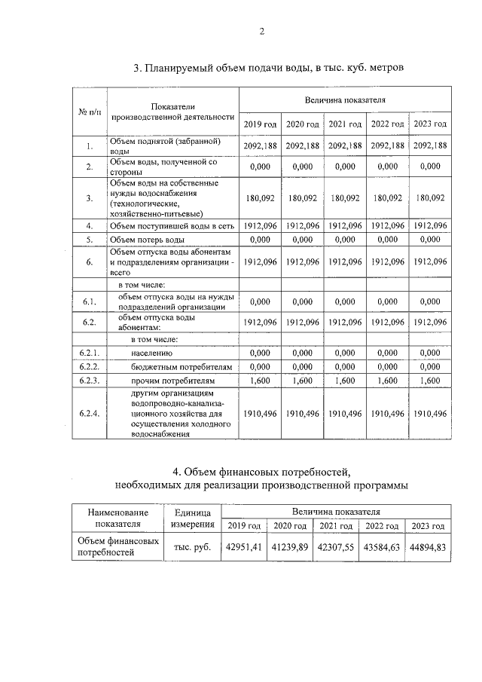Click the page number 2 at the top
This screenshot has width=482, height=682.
pos(261,32)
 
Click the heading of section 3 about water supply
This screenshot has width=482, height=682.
pos(269,67)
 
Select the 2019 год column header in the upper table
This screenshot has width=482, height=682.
pos(260,124)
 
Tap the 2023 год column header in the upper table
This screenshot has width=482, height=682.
pos(431,124)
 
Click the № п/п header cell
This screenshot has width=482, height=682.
pos(90,112)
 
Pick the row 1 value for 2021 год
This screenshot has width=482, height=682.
pos(346,146)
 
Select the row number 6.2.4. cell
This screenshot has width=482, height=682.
pos(90,414)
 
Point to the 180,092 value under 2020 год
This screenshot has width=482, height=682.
pos(302,197)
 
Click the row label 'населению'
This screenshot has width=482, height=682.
pos(142,353)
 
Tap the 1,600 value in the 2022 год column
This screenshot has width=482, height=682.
pos(388,381)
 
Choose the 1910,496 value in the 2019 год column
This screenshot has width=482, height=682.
pos(260,414)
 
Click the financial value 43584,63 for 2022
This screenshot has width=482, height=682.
pos(380,548)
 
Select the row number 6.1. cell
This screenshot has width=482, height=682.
pos(90,301)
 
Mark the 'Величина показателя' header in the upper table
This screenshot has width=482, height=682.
pos(345,99)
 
